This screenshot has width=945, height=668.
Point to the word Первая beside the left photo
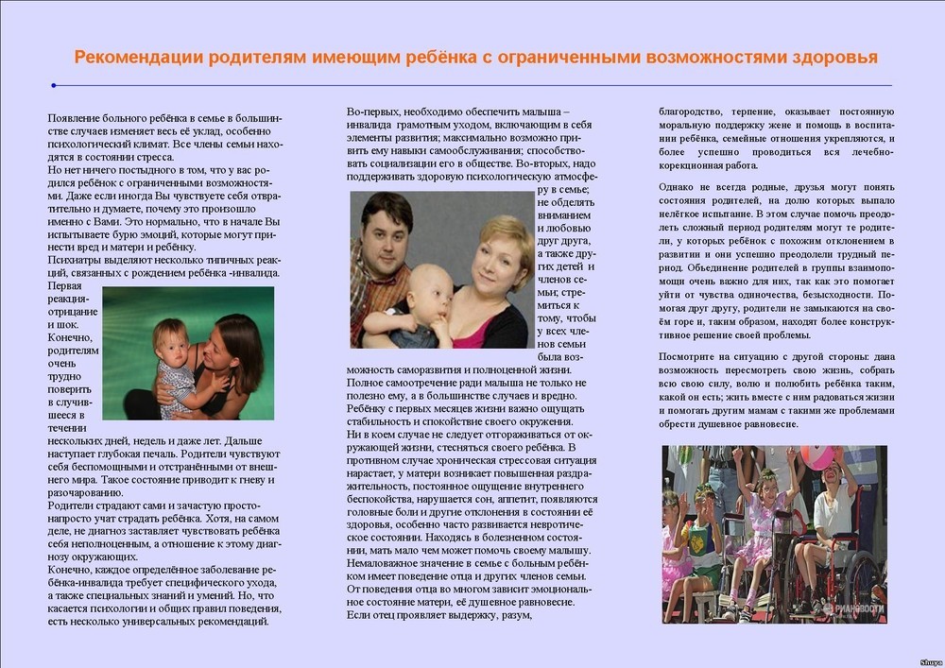(65, 286)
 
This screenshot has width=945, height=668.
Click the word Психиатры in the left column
(75, 260)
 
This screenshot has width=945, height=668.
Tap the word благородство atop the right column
(696, 111)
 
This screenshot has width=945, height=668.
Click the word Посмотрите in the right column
(695, 356)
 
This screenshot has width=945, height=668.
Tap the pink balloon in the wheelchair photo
(816, 457)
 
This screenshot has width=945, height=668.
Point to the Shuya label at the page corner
(930, 662)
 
